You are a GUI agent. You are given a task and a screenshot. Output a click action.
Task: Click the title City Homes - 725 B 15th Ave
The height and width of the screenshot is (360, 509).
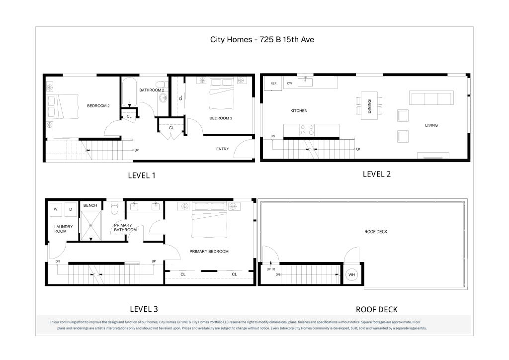click(x=262, y=40)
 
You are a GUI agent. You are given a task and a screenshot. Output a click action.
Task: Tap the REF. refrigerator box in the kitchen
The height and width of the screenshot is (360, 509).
click(x=274, y=84)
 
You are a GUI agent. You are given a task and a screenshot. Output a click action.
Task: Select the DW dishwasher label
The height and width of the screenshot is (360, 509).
click(x=290, y=84)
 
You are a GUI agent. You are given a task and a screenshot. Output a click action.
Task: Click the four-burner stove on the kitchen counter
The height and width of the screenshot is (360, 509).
click(x=307, y=130)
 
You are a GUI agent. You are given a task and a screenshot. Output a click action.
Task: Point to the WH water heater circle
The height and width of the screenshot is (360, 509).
click(x=351, y=274)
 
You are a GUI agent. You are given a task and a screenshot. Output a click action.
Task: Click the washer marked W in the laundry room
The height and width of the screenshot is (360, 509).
click(x=56, y=209)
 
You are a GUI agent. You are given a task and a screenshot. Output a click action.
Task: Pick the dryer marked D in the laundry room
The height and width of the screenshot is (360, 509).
click(x=71, y=209)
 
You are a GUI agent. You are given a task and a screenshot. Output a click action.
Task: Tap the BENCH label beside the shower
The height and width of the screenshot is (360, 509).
click(x=90, y=205)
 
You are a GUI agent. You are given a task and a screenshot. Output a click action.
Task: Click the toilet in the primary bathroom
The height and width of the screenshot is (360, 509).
click(x=115, y=208)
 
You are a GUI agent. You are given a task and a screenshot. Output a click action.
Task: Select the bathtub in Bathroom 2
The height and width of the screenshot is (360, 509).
click(x=130, y=92)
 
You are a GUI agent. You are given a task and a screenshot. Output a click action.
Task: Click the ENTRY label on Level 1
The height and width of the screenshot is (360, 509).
click(x=222, y=149)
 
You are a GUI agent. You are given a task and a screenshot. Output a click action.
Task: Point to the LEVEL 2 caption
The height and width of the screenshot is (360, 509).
click(x=377, y=175)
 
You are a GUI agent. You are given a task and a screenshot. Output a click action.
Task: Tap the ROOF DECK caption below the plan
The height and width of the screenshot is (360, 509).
click(x=377, y=310)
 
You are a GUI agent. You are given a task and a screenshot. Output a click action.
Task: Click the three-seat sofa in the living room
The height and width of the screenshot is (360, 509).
click(x=431, y=98)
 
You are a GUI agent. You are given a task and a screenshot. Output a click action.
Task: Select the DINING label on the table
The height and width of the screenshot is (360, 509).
click(x=369, y=106)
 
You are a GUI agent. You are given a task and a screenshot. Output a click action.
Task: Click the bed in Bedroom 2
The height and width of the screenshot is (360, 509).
click(x=63, y=106)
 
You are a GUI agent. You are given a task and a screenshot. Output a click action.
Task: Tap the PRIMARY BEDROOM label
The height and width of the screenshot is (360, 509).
click(x=209, y=251)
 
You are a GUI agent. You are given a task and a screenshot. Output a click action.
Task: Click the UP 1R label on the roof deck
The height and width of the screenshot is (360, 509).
click(x=271, y=270)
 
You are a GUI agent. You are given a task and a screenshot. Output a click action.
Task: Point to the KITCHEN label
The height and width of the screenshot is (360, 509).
click(x=299, y=111)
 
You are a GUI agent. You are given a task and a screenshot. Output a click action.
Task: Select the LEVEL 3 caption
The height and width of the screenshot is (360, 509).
click(x=144, y=309)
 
